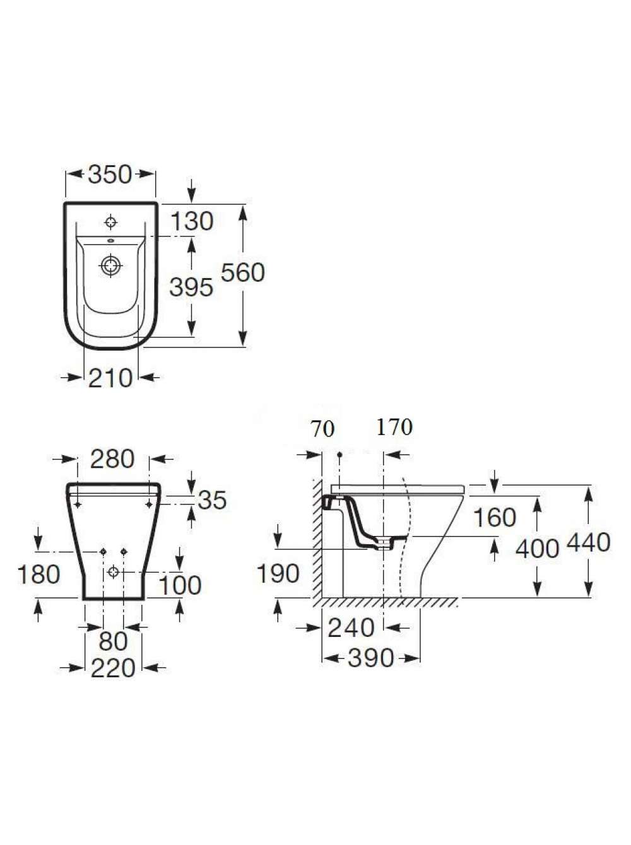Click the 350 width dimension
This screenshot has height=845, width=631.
110,175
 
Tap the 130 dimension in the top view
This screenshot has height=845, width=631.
191,221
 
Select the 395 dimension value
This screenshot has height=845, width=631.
191,287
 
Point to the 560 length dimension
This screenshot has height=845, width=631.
243,272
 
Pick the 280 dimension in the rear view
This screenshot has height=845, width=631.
112,459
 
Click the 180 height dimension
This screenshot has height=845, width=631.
39,574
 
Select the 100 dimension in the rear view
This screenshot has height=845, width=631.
180,585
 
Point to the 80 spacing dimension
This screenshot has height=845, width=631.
113,642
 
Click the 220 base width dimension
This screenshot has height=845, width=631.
113,668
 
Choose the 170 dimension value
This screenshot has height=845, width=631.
394,426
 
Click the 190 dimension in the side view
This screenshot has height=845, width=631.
278,573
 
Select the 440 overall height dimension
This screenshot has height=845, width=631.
589,542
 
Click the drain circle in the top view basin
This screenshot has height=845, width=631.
111,265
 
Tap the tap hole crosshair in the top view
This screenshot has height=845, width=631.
111,222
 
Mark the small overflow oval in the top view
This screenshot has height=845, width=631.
111,242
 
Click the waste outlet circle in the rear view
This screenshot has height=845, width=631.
113,572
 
